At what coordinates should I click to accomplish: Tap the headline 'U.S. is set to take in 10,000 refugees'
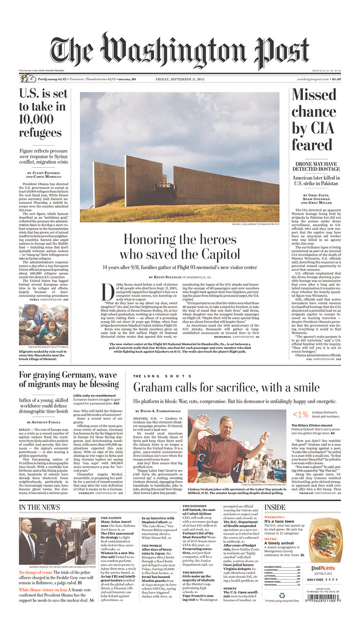tap(43, 114)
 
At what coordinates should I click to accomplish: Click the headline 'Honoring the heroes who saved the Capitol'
tap(179, 246)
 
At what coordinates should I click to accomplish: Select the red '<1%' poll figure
tap(300, 414)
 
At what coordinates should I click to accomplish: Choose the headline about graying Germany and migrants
tap(69, 379)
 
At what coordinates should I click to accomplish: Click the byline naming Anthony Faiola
tap(43, 422)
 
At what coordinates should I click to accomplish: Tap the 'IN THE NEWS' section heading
tap(40, 508)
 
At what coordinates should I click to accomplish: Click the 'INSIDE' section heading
tap(275, 507)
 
